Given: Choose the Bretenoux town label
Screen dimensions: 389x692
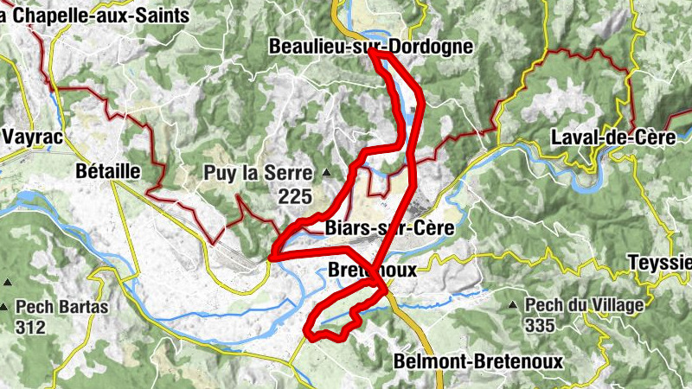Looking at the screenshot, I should point(373,270).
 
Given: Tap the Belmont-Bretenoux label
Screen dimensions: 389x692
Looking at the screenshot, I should point(477,361).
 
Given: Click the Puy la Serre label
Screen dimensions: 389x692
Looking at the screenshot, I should point(257,173).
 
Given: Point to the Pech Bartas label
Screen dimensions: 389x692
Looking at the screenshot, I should point(61,306).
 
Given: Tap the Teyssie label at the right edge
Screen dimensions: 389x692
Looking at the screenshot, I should point(661,262).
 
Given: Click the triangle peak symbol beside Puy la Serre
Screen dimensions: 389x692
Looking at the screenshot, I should point(326,173).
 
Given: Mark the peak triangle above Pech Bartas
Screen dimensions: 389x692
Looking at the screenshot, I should point(7,282).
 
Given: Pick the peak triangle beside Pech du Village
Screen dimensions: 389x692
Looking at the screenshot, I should point(516,304).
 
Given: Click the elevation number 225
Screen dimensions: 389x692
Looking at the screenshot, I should point(295,197).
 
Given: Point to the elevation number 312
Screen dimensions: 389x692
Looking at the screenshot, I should point(31,328).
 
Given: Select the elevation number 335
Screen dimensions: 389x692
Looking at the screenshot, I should point(541,325).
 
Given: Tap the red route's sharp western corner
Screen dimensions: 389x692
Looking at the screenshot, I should point(271,257).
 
